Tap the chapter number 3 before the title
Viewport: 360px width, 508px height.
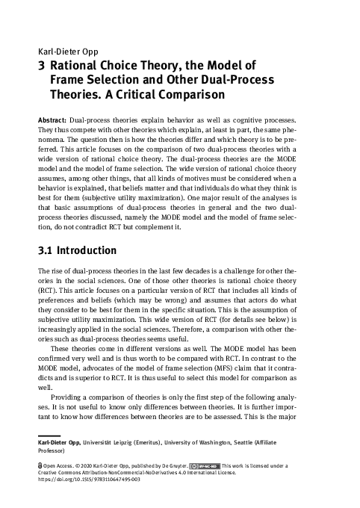click(41, 66)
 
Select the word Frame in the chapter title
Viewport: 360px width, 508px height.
click(69, 80)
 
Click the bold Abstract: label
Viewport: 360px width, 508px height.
click(51, 120)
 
